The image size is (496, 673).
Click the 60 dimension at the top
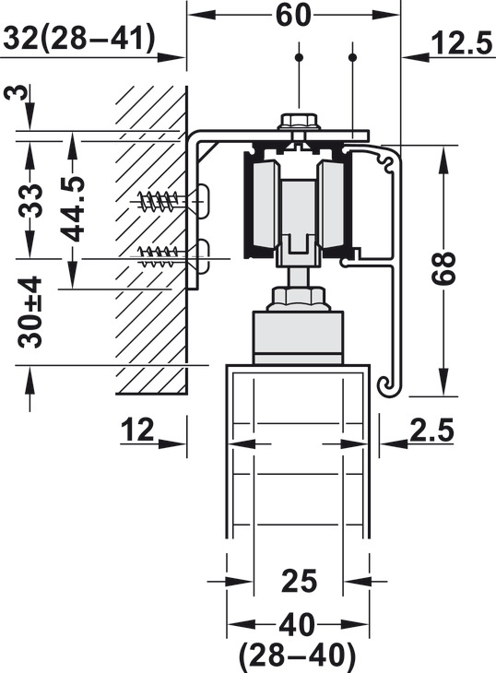[293, 16]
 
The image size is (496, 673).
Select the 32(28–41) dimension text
[79, 38]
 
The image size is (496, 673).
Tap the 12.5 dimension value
[462, 43]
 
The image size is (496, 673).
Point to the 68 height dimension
[443, 268]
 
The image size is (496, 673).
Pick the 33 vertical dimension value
[30, 200]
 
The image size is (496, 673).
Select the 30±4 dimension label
[30, 312]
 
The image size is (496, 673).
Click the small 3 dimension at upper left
[18, 92]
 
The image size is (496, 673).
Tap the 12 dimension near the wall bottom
[137, 430]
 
